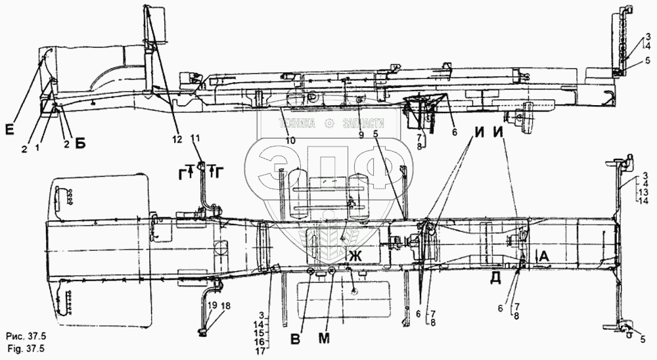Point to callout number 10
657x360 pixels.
click(x=290, y=139)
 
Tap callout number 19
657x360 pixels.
click(x=212, y=306)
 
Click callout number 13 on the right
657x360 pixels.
click(x=643, y=193)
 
